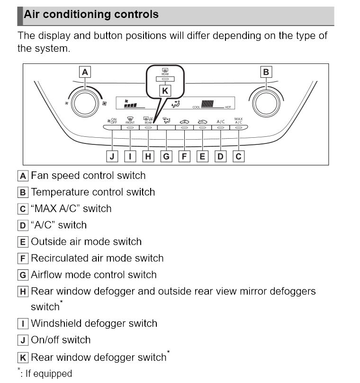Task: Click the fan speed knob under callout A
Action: pyautogui.click(x=86, y=103)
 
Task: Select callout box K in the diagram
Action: pyautogui.click(x=165, y=91)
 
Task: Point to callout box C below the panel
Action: pyautogui.click(x=239, y=156)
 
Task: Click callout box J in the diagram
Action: pyautogui.click(x=112, y=156)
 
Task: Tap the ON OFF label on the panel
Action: pyautogui.click(x=112, y=121)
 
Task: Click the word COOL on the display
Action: pyautogui.click(x=197, y=107)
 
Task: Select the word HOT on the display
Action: pyautogui.click(x=228, y=107)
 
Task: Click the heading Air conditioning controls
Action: pyautogui.click(x=91, y=14)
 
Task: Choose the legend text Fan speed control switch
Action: pyautogui.click(x=88, y=176)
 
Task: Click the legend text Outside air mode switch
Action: pyautogui.click(x=86, y=241)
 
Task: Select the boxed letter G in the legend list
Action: pyautogui.click(x=23, y=275)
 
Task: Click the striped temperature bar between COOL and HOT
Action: pyautogui.click(x=208, y=104)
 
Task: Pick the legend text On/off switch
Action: pyautogui.click(x=61, y=340)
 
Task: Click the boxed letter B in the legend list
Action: pyautogui.click(x=23, y=193)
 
